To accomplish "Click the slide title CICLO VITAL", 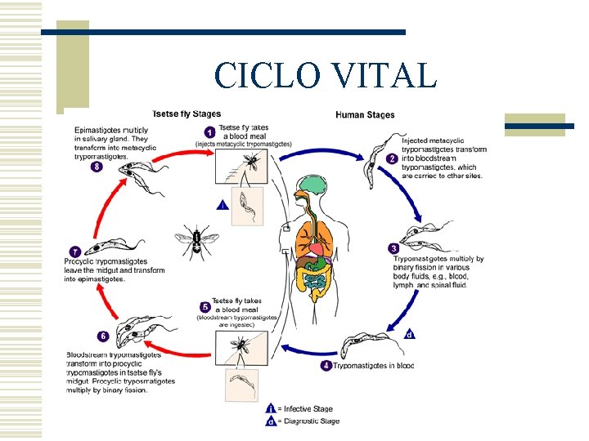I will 325,75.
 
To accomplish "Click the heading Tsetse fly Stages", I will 186,114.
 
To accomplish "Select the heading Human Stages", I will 365,114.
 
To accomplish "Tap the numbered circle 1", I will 209,132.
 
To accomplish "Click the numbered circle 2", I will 393,159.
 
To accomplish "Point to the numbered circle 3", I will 393,248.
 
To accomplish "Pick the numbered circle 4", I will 327,365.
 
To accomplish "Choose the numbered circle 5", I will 205,308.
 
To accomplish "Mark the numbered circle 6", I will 102,336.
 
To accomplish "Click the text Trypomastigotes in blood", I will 374,366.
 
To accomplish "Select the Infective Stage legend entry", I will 300,408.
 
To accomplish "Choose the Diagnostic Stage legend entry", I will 302,421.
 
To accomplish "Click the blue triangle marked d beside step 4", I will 409,334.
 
